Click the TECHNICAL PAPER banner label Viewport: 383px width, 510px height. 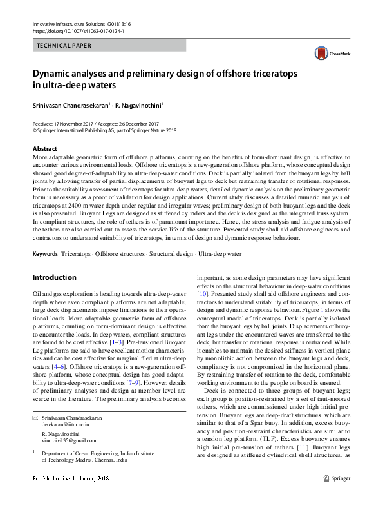(64, 46)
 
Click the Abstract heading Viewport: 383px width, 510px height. (45, 148)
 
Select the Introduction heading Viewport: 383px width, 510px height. (54, 277)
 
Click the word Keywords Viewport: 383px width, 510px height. (44, 254)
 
